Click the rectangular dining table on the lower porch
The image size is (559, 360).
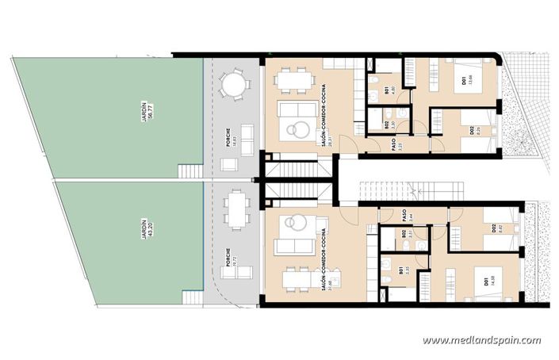[235, 210]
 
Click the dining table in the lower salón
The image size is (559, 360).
[295, 278]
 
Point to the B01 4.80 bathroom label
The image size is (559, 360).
[388, 90]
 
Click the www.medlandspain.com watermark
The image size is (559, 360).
[481, 340]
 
